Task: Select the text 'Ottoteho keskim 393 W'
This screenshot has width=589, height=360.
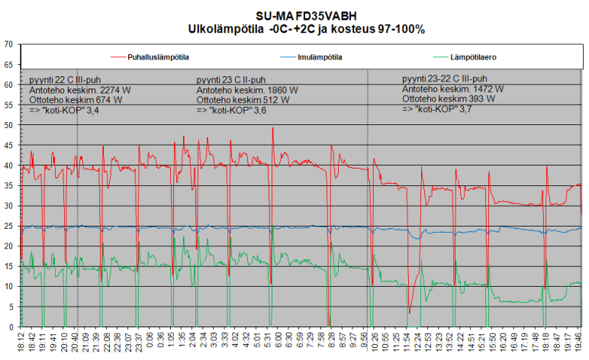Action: click(x=448, y=99)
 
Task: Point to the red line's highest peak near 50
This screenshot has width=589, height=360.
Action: click(x=272, y=128)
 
